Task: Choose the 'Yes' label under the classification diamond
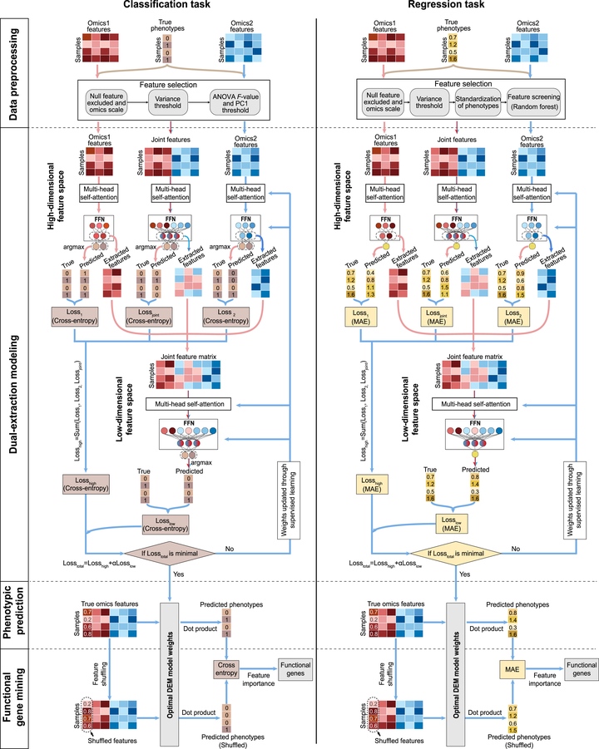coord(177,574)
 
